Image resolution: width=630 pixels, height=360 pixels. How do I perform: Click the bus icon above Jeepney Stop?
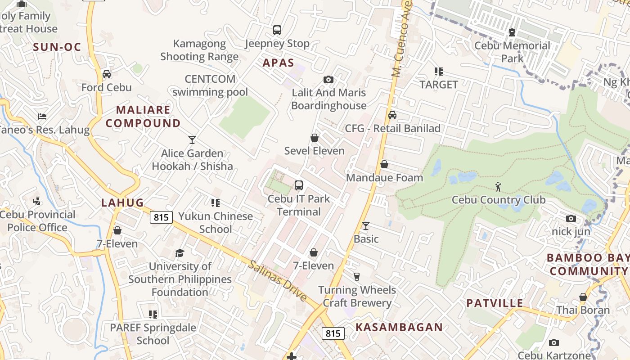(x=277, y=30)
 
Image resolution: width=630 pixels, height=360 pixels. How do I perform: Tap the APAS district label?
(x=278, y=63)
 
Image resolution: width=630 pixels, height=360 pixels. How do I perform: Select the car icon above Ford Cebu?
(x=107, y=74)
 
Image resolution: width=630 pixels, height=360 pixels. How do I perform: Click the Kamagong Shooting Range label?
(x=199, y=50)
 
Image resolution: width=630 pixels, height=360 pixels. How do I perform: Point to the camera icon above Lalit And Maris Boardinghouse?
(x=328, y=80)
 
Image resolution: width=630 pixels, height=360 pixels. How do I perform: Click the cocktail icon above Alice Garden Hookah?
(x=192, y=140)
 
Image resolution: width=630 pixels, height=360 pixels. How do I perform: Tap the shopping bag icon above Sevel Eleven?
(x=315, y=138)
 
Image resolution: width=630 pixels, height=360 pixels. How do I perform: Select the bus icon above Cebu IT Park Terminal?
(x=299, y=185)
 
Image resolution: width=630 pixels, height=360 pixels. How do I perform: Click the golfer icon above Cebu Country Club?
(x=498, y=187)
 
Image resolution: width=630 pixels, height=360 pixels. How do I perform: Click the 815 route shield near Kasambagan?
(x=333, y=333)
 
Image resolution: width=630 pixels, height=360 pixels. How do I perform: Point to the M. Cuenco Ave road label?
(x=402, y=40)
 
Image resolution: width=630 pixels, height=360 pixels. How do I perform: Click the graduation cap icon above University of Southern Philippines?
(x=180, y=253)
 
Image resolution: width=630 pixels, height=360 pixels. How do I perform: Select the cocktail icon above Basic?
(x=366, y=225)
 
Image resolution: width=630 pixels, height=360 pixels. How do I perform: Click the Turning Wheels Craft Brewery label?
(x=357, y=296)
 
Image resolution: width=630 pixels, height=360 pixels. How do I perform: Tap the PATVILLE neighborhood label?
(x=495, y=303)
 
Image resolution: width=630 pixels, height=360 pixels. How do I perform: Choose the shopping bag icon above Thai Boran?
(x=583, y=297)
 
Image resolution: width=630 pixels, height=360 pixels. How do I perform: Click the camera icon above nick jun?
(x=571, y=219)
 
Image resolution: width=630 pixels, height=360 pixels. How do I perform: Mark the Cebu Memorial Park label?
(x=512, y=52)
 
